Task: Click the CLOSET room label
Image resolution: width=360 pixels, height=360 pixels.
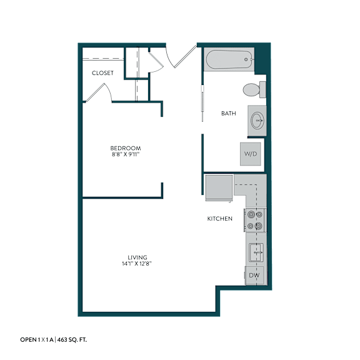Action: tap(102, 73)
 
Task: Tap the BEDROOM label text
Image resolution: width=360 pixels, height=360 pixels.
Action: tap(126, 148)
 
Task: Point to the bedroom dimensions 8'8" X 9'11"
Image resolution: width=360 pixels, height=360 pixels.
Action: tap(126, 154)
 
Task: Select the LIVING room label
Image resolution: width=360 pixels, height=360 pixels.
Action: tap(137, 257)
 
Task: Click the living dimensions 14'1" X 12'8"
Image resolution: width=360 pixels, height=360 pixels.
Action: tap(137, 264)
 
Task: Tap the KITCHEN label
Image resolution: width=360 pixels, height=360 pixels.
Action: tap(220, 219)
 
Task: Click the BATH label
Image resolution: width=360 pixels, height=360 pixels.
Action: tap(229, 113)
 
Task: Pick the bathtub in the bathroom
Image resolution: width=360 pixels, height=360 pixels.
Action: tap(229, 59)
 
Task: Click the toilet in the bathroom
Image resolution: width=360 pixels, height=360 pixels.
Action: tap(254, 89)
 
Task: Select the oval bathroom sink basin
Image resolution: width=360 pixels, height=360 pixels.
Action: tap(257, 120)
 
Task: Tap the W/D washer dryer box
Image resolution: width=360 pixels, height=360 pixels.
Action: tap(251, 154)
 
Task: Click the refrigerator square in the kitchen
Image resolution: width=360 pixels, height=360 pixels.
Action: tap(219, 187)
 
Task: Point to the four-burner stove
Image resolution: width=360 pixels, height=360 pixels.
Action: tap(255, 221)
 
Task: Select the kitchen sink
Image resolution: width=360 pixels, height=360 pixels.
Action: tap(256, 252)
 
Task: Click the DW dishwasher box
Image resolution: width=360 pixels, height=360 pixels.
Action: tap(254, 275)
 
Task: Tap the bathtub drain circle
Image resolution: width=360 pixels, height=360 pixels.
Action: tap(246, 59)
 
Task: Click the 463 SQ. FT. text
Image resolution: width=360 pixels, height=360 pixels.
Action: tap(72, 340)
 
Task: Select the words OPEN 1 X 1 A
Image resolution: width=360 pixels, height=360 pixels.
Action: tap(37, 340)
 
